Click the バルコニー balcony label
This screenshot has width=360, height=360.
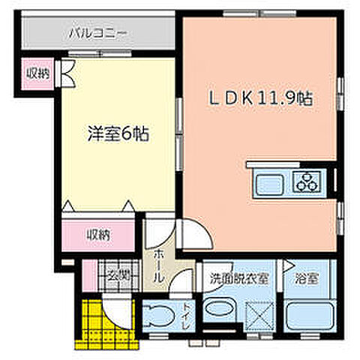click(x=98, y=33)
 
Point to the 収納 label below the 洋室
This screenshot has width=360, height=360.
click(x=97, y=235)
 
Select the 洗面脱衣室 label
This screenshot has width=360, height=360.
click(x=240, y=276)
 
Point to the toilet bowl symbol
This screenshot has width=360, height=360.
click(x=157, y=315)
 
